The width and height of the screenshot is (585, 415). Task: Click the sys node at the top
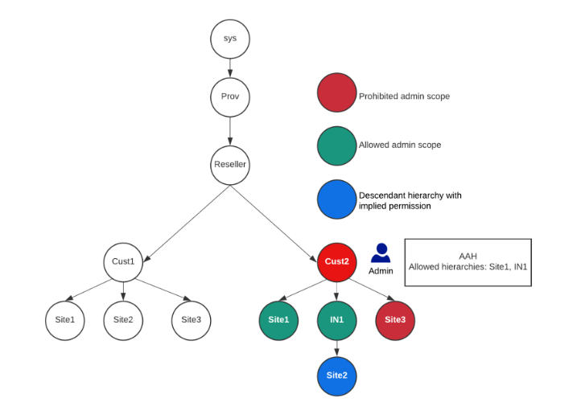coord(230,39)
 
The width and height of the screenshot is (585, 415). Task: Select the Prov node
coord(230,97)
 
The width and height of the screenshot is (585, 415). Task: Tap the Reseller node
coord(230,165)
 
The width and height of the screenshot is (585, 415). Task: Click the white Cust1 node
coord(123,261)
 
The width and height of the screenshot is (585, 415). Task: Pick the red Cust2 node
coord(336,261)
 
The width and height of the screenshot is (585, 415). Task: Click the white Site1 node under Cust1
coord(65,320)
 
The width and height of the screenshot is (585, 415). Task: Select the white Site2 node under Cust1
coord(123,320)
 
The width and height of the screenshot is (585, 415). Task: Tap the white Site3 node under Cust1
coord(191,320)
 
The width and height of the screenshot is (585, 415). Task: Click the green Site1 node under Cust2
coord(278,320)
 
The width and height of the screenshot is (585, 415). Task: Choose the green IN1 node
coord(336,320)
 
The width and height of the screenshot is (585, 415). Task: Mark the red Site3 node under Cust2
coord(395,320)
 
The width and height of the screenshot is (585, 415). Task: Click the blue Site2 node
coord(336,376)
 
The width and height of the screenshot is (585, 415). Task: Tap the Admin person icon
coord(381,253)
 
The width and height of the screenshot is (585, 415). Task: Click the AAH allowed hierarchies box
coord(468,261)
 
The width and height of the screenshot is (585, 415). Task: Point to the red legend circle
coord(336,92)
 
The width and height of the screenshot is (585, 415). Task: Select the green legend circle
coord(336,146)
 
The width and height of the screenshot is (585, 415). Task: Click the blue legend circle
coord(336,199)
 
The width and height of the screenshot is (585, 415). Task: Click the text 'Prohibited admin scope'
coord(404,97)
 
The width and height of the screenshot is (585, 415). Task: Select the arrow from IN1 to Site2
coord(336,348)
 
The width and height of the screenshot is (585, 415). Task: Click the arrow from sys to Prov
coord(230,68)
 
